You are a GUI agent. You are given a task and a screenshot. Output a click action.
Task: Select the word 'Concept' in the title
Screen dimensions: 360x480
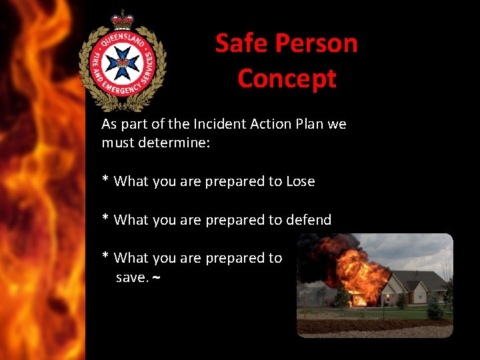tap(287, 79)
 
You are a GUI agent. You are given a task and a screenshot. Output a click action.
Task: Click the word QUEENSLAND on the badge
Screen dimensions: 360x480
tap(123, 39)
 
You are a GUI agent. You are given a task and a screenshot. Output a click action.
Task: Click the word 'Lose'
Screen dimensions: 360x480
tap(300, 181)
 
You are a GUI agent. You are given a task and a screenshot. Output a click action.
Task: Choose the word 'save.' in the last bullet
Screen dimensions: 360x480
tap(131, 277)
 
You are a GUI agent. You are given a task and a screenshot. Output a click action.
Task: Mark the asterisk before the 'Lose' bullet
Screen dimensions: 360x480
tap(105, 180)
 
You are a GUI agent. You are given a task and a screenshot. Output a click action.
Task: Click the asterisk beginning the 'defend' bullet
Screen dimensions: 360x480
tap(105, 219)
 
